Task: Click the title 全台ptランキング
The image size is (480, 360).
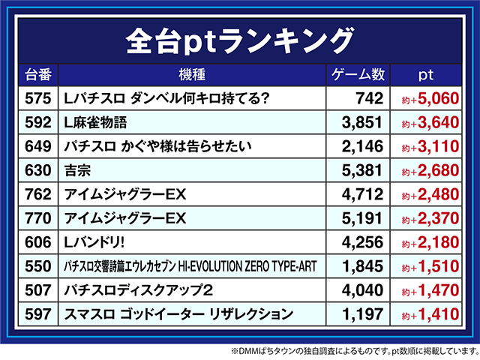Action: point(239,37)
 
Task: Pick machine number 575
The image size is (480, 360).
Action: point(37,98)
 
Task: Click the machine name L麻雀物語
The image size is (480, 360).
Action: point(97,122)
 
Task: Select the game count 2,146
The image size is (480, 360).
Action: point(363,146)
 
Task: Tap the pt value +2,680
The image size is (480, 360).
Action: point(430,170)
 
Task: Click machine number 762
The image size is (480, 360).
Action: point(37,194)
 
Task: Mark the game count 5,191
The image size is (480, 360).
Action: point(363,218)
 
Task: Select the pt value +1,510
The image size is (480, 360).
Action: point(430,266)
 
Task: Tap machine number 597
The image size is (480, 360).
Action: point(37,314)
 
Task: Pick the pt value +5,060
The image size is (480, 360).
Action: point(430,98)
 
